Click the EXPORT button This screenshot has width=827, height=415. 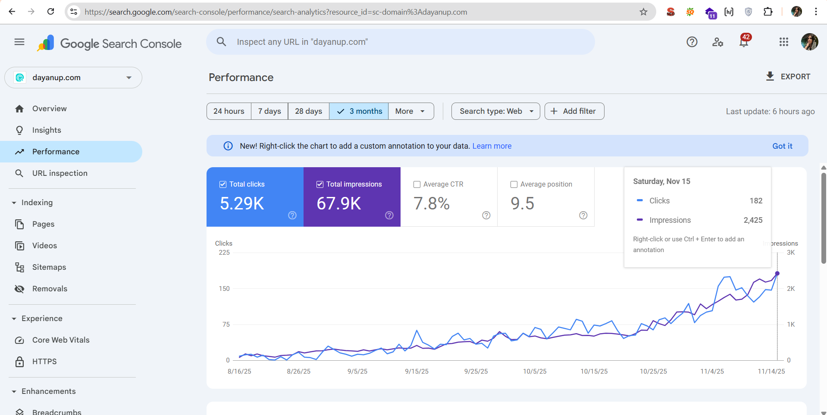click(788, 77)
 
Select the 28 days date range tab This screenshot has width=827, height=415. click(308, 111)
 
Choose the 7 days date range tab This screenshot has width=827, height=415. click(269, 111)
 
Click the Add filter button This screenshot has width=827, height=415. click(574, 111)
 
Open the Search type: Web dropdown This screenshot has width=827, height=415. click(495, 111)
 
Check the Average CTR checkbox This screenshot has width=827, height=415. click(417, 184)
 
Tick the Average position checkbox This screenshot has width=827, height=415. click(514, 184)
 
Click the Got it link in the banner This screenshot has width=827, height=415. click(782, 146)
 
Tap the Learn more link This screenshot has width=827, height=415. click(492, 146)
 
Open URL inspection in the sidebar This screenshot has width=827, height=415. click(60, 173)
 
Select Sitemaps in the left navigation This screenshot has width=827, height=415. click(49, 267)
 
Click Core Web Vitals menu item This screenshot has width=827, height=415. click(61, 340)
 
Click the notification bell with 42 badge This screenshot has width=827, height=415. click(743, 42)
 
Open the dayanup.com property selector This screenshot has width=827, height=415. click(73, 78)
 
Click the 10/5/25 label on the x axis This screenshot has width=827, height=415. click(535, 371)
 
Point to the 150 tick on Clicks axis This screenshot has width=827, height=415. click(224, 289)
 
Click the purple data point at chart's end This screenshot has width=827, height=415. click(777, 274)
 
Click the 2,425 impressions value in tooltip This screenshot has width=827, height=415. click(753, 220)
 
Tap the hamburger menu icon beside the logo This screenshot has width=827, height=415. click(19, 42)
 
